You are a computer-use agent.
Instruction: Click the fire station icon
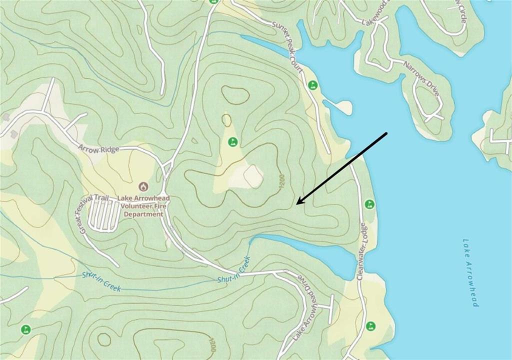click(143, 186)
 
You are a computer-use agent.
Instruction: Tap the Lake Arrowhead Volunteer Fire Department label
click(143, 206)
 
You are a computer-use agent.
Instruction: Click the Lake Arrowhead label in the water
click(470, 272)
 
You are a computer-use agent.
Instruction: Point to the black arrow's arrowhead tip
click(296, 204)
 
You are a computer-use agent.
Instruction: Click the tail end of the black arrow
click(387, 133)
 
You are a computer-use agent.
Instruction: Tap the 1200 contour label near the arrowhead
click(281, 182)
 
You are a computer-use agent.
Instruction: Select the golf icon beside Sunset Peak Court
click(313, 85)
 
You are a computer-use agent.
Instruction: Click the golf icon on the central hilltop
click(232, 142)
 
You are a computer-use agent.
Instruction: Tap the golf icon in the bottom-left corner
click(25, 329)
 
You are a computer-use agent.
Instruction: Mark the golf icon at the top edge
click(213, 1)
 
